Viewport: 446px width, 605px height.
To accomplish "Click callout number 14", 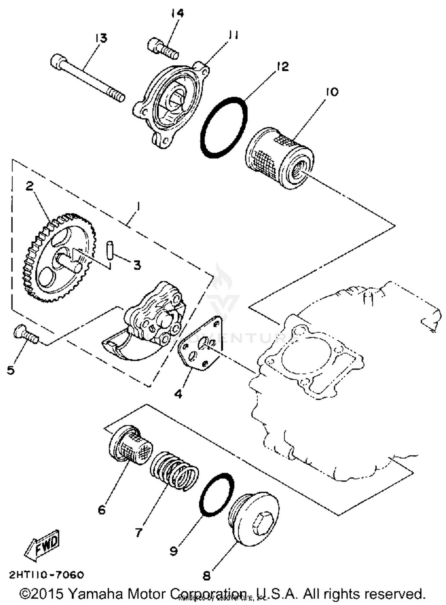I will pos(177,13).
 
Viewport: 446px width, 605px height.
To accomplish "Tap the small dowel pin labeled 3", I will pos(110,251).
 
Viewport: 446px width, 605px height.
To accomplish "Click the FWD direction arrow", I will pos(42,546).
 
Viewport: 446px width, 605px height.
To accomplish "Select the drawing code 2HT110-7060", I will pos(47,574).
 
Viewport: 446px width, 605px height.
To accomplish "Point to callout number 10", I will pos(332,92).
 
